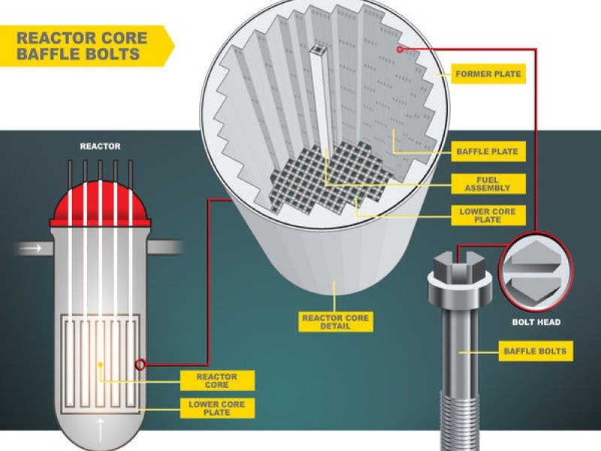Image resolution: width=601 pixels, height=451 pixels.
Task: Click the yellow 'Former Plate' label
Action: coord(488,74)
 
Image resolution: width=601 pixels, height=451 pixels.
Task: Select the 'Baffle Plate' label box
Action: coord(488,152)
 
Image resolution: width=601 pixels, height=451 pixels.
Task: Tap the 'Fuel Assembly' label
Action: coord(488,183)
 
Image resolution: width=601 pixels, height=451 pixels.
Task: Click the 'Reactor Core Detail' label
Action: coord(335,322)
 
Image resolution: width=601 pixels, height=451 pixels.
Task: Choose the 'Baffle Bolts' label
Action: coord(536,351)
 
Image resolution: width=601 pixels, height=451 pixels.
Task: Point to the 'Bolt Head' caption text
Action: coord(536,322)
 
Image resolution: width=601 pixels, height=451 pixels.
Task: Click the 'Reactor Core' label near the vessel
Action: coord(217,380)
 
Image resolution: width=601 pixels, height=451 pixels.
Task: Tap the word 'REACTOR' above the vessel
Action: coord(100,146)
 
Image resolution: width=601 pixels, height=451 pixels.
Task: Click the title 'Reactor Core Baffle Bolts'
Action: coord(82,46)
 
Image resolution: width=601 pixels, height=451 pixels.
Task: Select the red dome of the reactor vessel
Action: coord(100,204)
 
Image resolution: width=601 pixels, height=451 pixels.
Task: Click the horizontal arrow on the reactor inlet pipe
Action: coord(31,249)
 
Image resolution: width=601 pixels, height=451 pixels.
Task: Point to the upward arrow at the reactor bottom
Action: coord(100,430)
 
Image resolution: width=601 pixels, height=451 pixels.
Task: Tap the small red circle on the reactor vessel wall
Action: coord(140,365)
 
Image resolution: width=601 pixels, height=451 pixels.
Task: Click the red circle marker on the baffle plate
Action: coord(400,50)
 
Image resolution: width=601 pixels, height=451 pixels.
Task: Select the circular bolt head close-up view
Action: coord(536,271)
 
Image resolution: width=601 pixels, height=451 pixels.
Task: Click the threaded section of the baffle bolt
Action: coord(460,421)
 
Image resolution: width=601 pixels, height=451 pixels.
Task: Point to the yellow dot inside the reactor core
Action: coord(100,365)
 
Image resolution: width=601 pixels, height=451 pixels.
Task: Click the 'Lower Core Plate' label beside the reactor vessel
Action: coord(217,408)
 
